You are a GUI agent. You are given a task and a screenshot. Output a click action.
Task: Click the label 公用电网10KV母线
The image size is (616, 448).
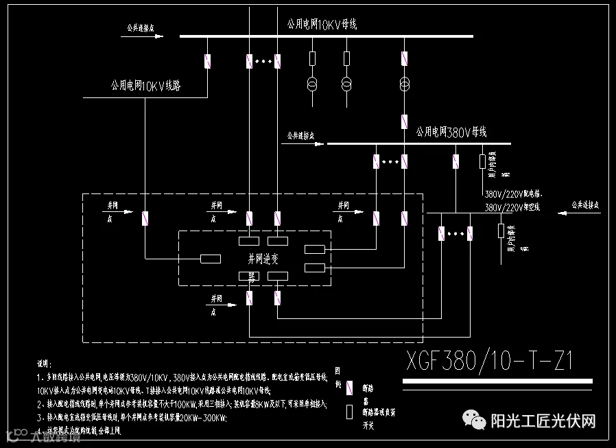coord(322,25)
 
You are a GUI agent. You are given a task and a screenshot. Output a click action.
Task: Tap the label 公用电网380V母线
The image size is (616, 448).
coord(451,132)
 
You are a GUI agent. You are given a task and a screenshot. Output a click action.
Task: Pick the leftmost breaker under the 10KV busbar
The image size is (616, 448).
coord(207,62)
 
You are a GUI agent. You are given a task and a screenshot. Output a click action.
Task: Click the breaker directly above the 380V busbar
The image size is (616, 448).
coord(405,122)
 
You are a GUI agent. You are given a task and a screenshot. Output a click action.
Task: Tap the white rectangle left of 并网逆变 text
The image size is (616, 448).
coord(210,259)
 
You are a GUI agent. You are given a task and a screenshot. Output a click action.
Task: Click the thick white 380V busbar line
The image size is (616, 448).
coord(418,144)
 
